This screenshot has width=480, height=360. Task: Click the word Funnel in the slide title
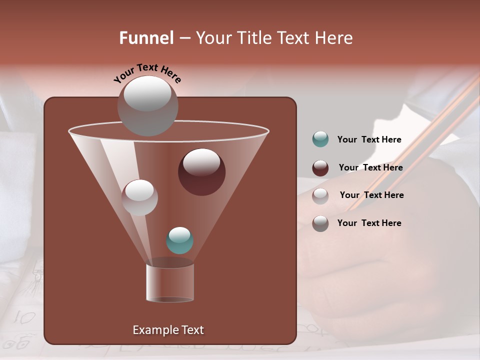(x=146, y=38)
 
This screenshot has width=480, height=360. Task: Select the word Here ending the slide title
(x=334, y=38)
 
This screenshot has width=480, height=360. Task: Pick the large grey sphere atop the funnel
(x=147, y=106)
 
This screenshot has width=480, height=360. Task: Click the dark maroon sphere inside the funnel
(x=201, y=172)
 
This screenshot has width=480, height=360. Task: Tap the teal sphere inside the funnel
(x=179, y=240)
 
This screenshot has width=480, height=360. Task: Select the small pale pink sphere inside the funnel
(x=139, y=197)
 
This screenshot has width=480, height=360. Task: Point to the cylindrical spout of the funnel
(x=170, y=283)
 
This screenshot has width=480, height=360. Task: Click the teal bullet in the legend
(x=320, y=139)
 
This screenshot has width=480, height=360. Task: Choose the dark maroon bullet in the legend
(x=320, y=168)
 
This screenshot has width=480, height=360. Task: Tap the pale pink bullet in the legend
(x=320, y=195)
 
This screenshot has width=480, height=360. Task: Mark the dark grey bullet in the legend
(x=320, y=223)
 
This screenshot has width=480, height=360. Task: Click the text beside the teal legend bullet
(x=369, y=140)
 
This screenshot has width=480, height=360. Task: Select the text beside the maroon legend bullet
(x=370, y=168)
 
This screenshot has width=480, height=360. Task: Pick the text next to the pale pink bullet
(x=371, y=195)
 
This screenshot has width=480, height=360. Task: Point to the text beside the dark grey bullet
(x=369, y=223)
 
